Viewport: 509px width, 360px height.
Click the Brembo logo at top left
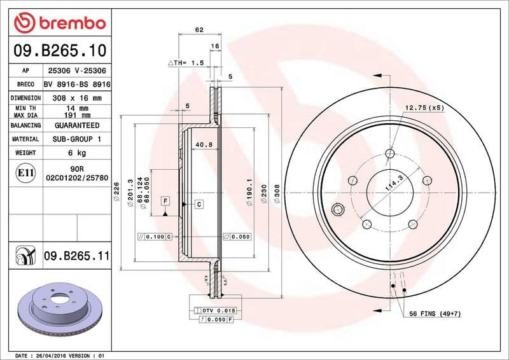[x=59, y=24]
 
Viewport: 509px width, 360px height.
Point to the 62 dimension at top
[x=199, y=30]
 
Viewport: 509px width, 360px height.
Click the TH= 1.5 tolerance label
[x=188, y=64]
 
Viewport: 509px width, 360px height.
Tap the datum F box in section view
[x=165, y=202]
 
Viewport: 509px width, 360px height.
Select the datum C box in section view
[x=199, y=204]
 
